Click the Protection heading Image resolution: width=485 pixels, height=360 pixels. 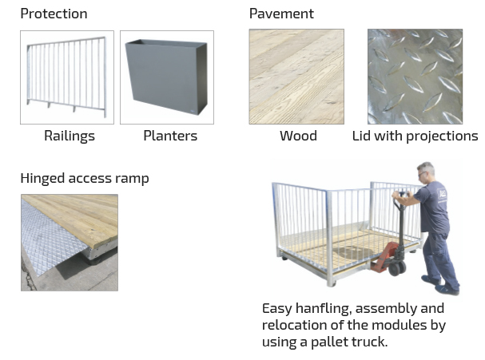(54, 14)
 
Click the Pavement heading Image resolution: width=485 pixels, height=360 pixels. (281, 14)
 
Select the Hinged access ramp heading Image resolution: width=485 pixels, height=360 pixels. (84, 177)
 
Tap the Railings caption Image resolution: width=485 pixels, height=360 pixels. (69, 136)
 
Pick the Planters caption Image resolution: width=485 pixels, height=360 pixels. (169, 136)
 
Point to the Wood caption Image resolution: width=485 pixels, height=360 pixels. (297, 136)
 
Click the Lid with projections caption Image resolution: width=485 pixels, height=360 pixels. (415, 136)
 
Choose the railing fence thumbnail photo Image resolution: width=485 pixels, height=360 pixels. (67, 77)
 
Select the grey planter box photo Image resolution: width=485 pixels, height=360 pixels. (167, 77)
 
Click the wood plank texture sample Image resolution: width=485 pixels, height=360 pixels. (296, 77)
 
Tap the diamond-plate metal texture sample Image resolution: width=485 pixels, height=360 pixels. (415, 77)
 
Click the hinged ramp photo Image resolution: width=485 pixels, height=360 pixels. (69, 242)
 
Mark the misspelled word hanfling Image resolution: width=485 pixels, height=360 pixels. (324, 308)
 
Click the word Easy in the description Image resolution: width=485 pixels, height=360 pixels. (277, 308)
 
